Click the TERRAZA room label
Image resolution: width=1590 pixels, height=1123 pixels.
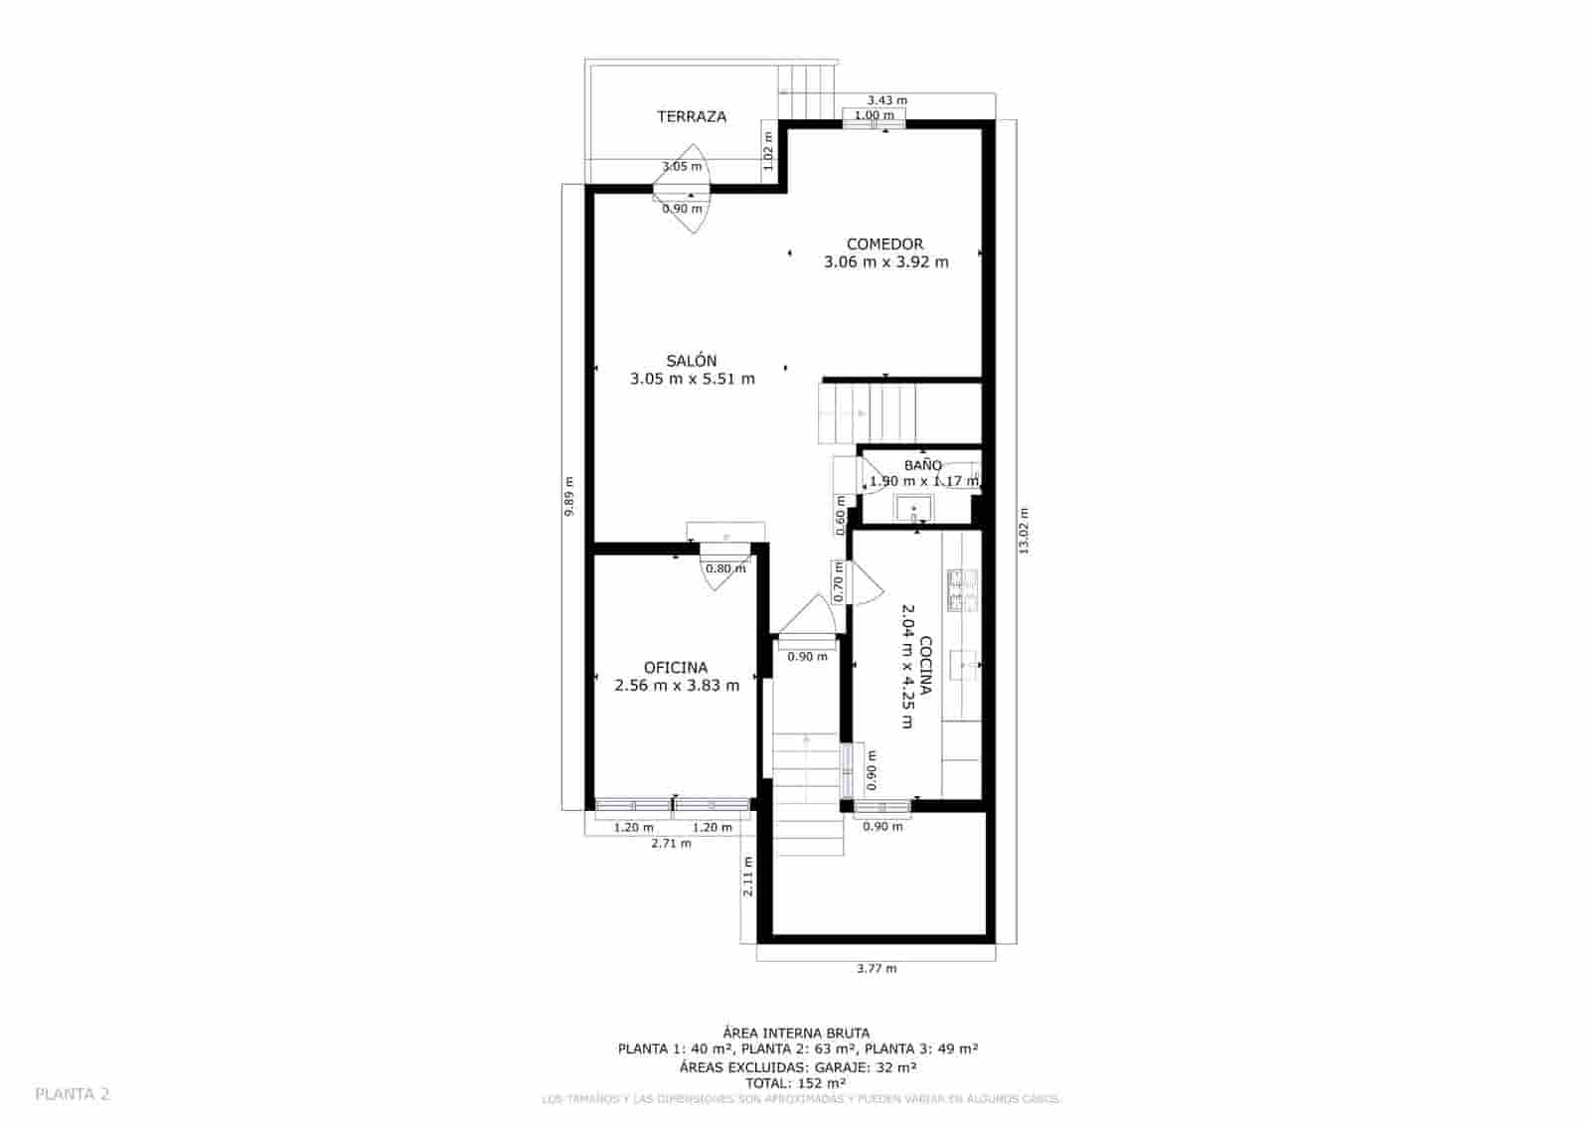(692, 116)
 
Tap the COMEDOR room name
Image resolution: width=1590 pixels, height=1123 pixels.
(884, 243)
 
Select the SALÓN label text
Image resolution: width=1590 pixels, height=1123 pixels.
(692, 361)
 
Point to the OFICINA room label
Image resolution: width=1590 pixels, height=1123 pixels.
(676, 668)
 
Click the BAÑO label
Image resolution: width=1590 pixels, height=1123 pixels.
(923, 465)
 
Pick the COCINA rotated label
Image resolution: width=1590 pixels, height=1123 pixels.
(925, 667)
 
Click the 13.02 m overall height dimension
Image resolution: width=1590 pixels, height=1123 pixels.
(1024, 532)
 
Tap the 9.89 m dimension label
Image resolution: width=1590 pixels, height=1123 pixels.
(569, 497)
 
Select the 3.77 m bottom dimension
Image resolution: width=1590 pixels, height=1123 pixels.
(875, 968)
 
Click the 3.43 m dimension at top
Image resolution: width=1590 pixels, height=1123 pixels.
(886, 100)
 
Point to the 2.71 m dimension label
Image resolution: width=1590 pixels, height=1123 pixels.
(671, 843)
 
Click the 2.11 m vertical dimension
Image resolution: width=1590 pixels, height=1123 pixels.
(748, 877)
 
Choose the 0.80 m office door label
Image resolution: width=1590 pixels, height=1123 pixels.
(725, 569)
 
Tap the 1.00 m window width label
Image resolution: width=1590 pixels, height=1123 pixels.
(874, 115)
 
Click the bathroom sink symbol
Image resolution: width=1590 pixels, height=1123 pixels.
(914, 512)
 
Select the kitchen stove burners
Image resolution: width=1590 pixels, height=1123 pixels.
(962, 589)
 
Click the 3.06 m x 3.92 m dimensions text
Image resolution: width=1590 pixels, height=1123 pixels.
(885, 262)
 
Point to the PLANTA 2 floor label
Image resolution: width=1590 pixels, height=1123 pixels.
(73, 1094)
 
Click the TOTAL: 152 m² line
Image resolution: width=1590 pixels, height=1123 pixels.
(797, 1083)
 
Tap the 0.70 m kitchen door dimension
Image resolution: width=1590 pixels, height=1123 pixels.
(839, 582)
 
